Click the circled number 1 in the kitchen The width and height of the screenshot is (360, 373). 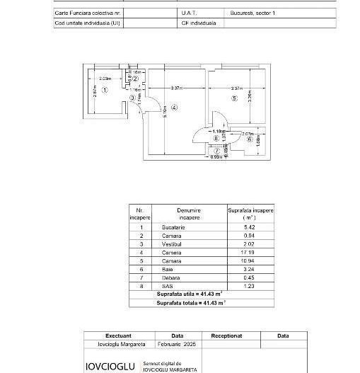tap(104, 90)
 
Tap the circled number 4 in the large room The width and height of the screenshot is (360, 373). tap(174, 107)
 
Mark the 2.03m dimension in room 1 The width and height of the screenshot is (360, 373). tap(105, 78)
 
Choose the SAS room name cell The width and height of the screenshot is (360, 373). tap(168, 285)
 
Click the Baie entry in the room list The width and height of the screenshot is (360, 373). tap(168, 269)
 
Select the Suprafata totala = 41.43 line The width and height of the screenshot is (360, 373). tap(191, 302)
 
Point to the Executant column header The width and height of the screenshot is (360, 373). tap(118, 336)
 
